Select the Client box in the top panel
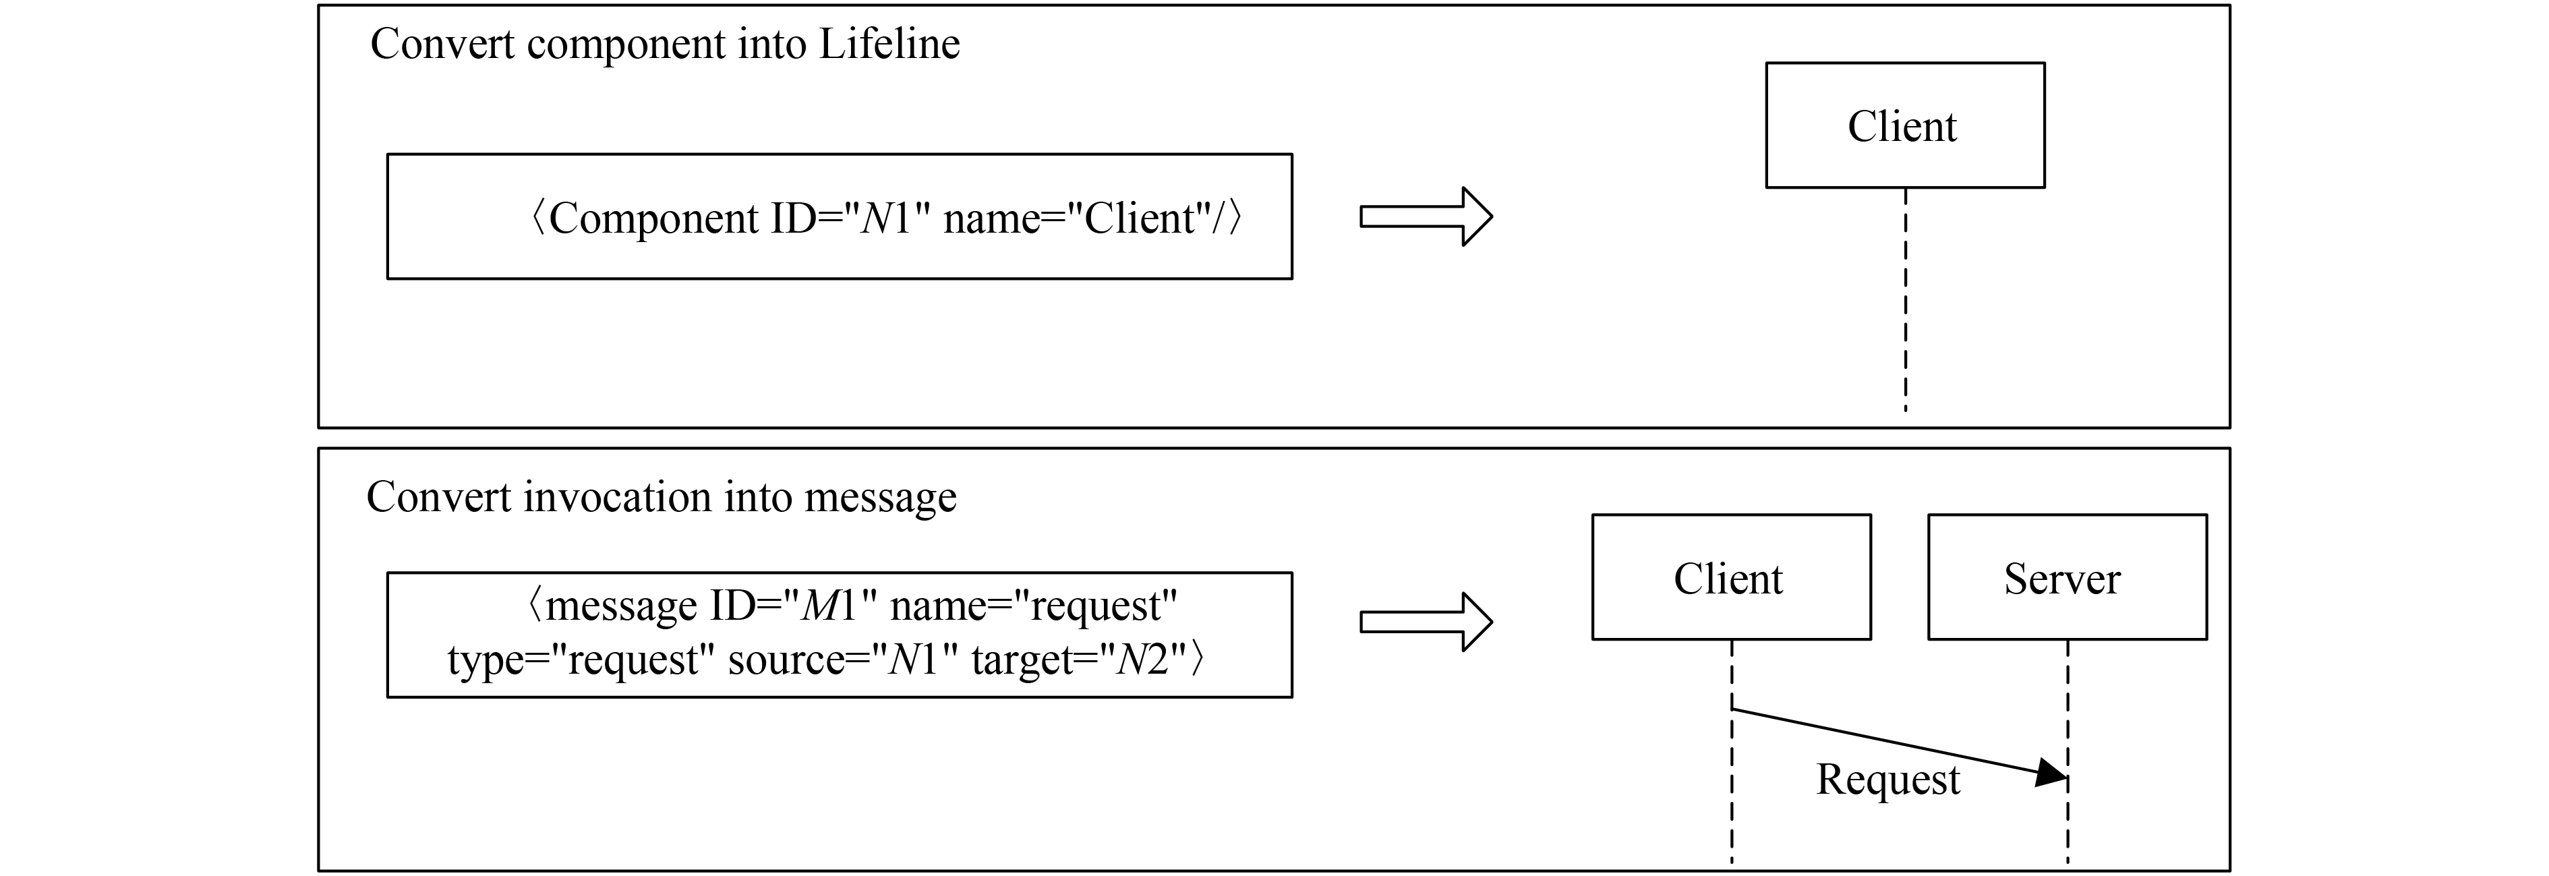click(x=1904, y=125)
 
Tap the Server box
click(x=2066, y=577)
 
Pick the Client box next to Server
click(x=1730, y=577)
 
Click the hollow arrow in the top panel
click(x=1425, y=216)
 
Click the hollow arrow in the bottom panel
click(x=1425, y=622)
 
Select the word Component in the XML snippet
click(x=653, y=218)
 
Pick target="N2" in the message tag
click(x=1078, y=660)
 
